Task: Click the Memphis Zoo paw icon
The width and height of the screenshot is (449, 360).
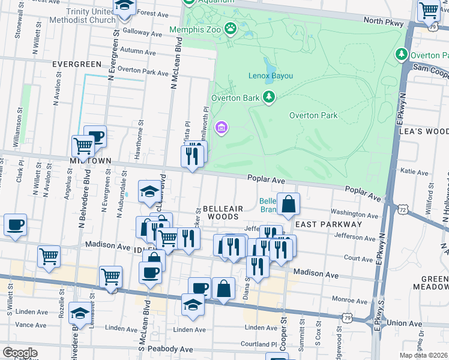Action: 230,28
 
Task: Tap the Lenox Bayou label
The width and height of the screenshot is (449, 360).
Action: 271,76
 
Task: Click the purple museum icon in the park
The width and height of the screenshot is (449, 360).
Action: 221,127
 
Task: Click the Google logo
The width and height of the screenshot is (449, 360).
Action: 19,353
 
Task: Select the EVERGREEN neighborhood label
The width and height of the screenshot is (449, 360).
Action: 76,64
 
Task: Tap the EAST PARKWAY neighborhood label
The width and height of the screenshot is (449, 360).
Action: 328,224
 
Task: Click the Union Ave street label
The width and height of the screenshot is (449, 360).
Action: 405,323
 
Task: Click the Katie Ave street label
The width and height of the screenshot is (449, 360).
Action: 414,172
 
